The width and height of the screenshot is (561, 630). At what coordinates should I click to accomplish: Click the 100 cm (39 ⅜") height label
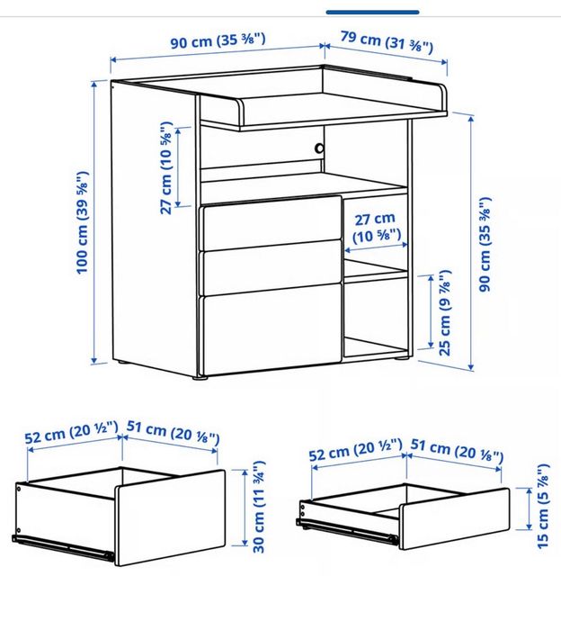[83, 223]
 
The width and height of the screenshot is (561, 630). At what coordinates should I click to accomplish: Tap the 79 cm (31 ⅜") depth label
[387, 41]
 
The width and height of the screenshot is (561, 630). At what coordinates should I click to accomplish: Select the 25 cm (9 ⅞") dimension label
[445, 313]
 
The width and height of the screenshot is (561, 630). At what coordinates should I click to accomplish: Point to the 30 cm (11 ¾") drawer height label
[259, 507]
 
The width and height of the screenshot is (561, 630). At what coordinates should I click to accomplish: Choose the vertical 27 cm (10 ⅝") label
[166, 168]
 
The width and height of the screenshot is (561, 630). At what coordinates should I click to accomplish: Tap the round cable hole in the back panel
[319, 148]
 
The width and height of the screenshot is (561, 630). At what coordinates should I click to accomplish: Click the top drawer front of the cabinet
[272, 222]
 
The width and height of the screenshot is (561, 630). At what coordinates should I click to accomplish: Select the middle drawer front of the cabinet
[272, 267]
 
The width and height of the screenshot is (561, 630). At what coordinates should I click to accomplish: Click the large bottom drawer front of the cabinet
[272, 328]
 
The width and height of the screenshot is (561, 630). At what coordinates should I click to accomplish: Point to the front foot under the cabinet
[200, 377]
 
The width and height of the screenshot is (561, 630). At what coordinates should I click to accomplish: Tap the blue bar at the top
[373, 13]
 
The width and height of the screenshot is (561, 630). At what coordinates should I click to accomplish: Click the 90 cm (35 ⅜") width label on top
[218, 41]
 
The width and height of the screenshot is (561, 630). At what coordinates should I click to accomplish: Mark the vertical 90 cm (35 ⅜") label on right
[485, 244]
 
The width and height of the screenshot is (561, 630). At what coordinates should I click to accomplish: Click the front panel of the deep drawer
[171, 517]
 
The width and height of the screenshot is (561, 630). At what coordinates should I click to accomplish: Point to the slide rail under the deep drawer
[63, 547]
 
